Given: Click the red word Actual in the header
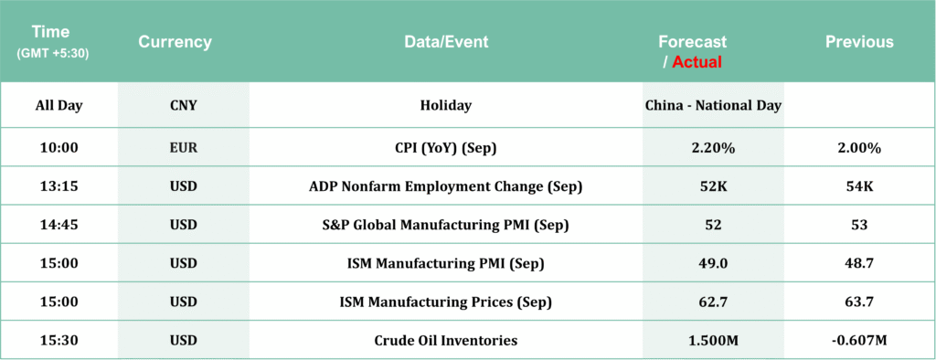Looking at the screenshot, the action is pos(697,61).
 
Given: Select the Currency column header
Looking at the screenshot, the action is pos(175,42).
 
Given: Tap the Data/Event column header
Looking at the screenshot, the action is pos(446,42).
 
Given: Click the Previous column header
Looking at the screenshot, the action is pos(859,42).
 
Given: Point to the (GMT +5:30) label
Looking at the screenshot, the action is pos(52,53).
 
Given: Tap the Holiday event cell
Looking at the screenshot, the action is pos(446,106).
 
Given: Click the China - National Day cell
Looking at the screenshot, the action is pos(713,106).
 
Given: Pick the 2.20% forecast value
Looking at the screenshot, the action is pos(713,148).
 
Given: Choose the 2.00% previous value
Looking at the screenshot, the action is pos(859,148).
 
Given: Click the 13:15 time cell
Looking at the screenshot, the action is pos(59,187).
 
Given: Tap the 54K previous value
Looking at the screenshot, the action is pos(859,187).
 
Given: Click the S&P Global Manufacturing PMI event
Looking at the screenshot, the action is pos(446,226).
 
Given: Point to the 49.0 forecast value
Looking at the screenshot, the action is pos(713,264).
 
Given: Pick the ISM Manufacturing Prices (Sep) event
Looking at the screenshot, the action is pos(446,302).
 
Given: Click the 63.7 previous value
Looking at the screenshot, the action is pos(859,302).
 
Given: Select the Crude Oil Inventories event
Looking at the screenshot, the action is pos(446,341).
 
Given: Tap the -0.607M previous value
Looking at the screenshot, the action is pos(859,341).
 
